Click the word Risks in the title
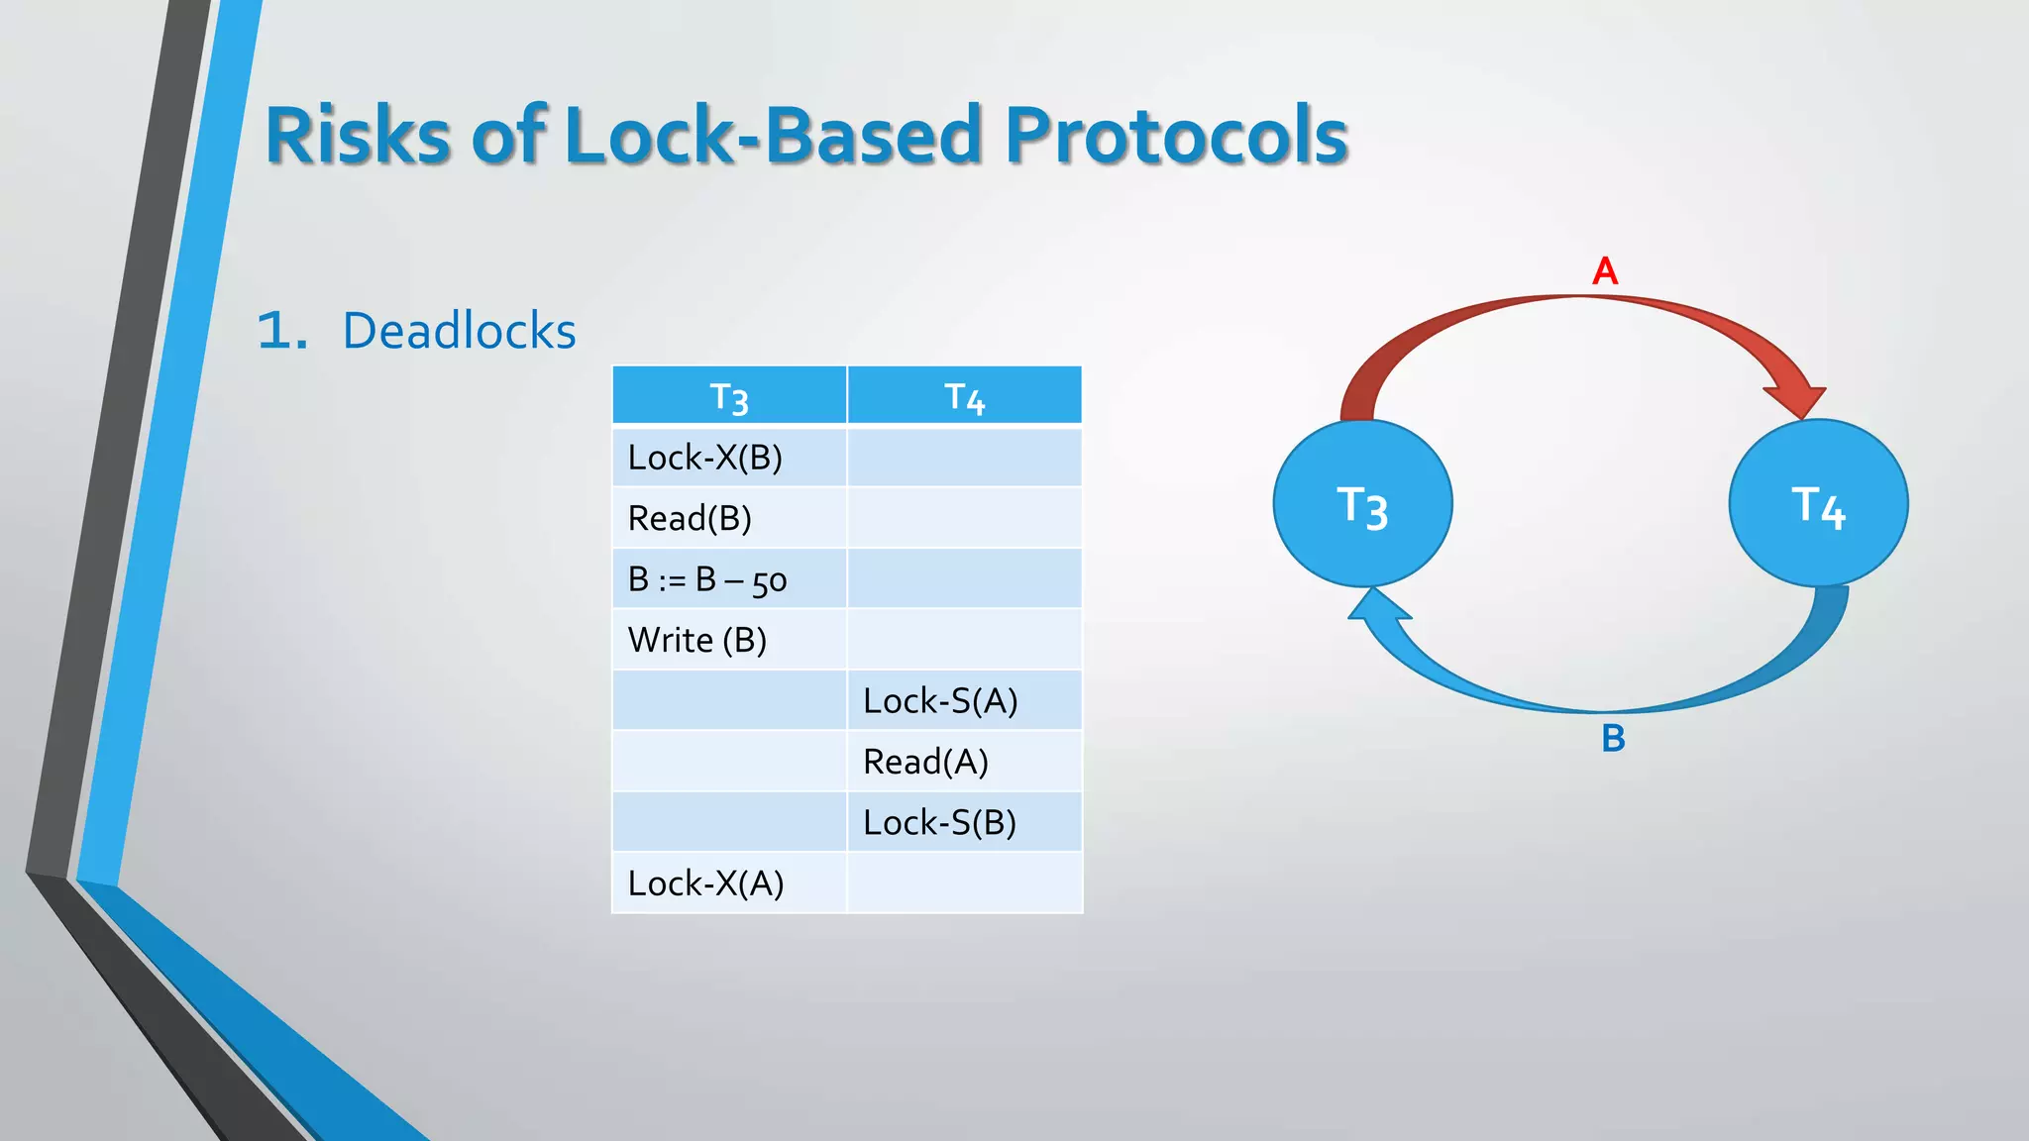[x=358, y=136]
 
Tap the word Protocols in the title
[x=1176, y=136]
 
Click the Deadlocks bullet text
[x=459, y=331]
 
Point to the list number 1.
[x=280, y=331]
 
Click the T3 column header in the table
[x=729, y=396]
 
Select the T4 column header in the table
[x=964, y=396]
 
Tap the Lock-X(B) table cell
[x=705, y=458]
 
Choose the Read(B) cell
[x=691, y=518]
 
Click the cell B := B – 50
[x=707, y=579]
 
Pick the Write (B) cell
[x=697, y=640]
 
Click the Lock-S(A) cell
[x=940, y=701]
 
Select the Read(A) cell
[x=925, y=762]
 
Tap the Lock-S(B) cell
[x=939, y=823]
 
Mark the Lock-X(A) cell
[x=705, y=883]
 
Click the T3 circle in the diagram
[x=1362, y=504]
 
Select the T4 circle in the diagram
[x=1818, y=504]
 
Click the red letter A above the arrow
[x=1605, y=270]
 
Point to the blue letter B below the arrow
[x=1613, y=739]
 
